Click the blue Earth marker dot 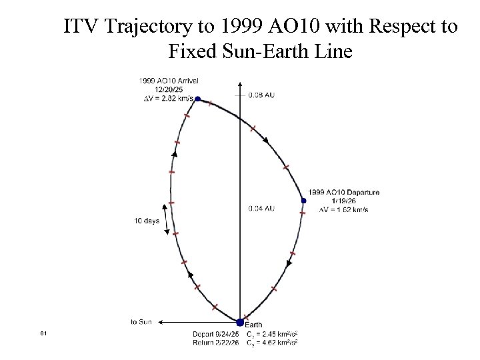tap(240, 323)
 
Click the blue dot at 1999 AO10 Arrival tap(197, 99)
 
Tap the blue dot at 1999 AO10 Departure tap(304, 200)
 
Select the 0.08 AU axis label tap(261, 95)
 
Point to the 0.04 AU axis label tap(261, 209)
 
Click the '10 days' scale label tap(147, 221)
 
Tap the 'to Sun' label tap(141, 322)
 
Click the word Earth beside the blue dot tap(253, 325)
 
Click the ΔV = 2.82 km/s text tap(169, 98)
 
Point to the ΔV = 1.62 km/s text tap(344, 209)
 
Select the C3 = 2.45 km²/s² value tap(271, 333)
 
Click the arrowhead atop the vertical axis tap(240, 85)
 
